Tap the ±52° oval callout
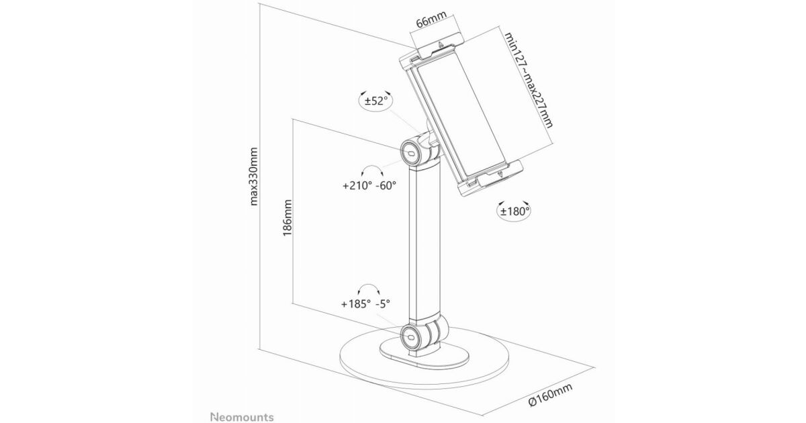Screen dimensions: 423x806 pos(375,102)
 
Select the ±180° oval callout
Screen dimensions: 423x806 pos(514,211)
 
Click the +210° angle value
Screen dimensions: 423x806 pos(356,185)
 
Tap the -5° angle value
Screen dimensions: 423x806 pos(384,303)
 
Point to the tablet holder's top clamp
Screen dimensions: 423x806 pos(434,48)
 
